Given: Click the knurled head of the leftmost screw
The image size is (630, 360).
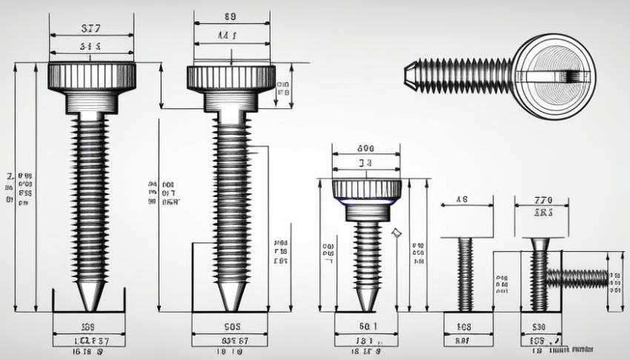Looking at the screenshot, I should pyautogui.click(x=91, y=75).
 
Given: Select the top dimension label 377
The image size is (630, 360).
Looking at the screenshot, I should pyautogui.click(x=90, y=29).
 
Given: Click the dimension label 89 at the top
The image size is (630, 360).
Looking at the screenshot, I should pyautogui.click(x=230, y=16).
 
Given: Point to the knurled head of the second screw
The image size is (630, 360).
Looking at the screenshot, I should pyautogui.click(x=231, y=76).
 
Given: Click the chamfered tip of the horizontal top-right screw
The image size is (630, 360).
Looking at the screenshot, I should pyautogui.click(x=410, y=75).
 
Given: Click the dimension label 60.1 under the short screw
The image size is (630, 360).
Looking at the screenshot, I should pyautogui.click(x=368, y=326).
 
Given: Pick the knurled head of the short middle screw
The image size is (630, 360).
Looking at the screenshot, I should pyautogui.click(x=367, y=190).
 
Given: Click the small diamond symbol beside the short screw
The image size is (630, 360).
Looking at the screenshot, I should pyautogui.click(x=396, y=233).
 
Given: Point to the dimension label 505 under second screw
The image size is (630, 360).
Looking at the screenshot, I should pyautogui.click(x=231, y=326).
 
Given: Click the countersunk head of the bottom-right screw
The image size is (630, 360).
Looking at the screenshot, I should pyautogui.click(x=539, y=244).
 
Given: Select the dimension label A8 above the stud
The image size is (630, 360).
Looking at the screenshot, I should pyautogui.click(x=462, y=199).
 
